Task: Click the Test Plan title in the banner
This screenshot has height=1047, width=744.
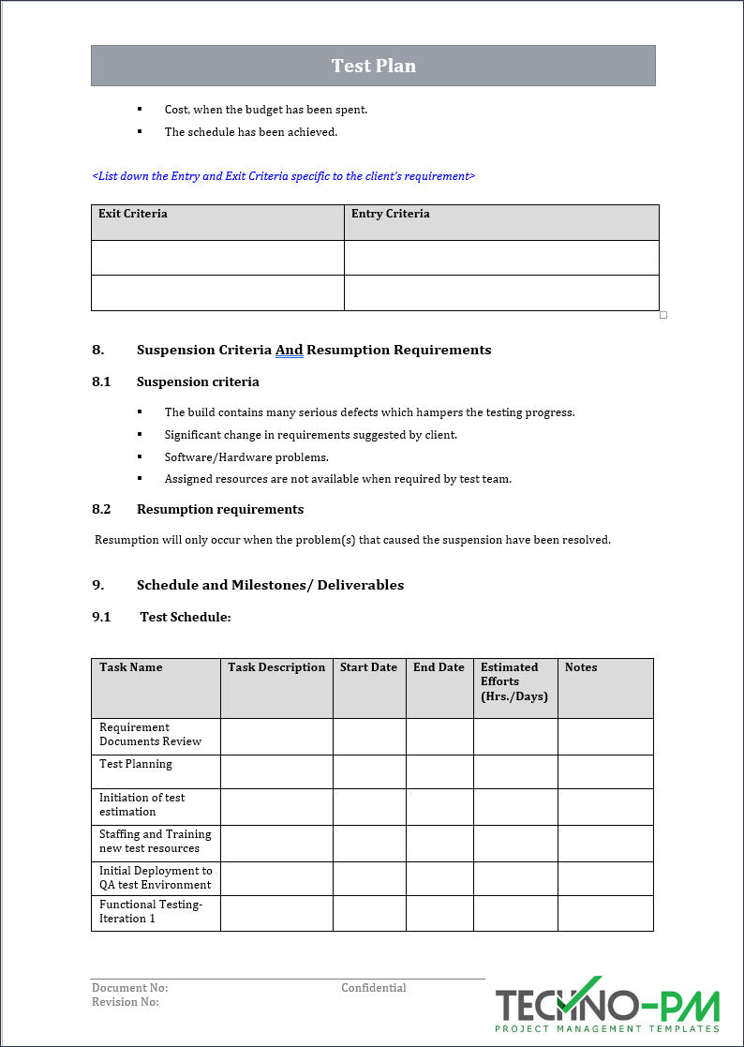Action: (x=373, y=66)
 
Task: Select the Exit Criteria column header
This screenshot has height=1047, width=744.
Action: (x=133, y=214)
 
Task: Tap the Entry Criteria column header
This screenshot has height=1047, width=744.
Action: (x=390, y=214)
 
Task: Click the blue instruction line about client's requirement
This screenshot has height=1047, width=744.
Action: (x=283, y=176)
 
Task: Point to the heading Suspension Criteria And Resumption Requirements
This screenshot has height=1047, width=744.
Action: (x=313, y=350)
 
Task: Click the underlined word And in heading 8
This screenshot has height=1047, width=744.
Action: (x=289, y=350)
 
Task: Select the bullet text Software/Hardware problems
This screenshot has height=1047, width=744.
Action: (x=246, y=457)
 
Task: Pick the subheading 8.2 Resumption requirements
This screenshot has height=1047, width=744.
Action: (x=219, y=509)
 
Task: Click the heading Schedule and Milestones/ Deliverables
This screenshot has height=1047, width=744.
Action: (x=270, y=585)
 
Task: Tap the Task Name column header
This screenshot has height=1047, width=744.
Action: (x=131, y=667)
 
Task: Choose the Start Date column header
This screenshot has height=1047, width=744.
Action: (x=368, y=667)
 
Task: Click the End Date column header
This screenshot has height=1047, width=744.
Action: (x=439, y=667)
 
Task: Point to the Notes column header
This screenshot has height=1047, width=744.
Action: (x=581, y=667)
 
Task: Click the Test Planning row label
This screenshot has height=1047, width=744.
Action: (x=136, y=764)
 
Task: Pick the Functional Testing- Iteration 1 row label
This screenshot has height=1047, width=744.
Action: (x=151, y=911)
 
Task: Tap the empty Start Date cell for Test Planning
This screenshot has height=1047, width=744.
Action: (x=369, y=771)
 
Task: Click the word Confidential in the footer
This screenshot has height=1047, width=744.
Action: (x=373, y=988)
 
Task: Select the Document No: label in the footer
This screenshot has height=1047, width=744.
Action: (x=129, y=988)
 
